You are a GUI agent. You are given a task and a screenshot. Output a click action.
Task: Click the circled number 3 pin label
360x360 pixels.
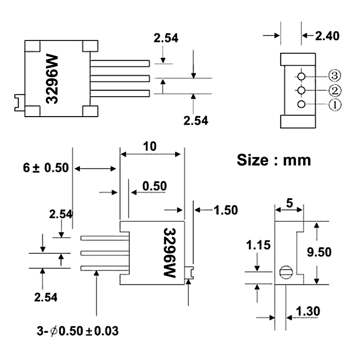point(334,76)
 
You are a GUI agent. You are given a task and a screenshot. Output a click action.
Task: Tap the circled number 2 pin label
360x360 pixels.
point(335,90)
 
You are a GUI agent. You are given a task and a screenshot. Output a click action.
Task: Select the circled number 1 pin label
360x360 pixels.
point(335,105)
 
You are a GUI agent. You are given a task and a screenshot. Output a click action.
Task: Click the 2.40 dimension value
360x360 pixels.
point(327,36)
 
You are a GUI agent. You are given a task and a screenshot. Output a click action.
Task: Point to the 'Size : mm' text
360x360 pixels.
point(274,160)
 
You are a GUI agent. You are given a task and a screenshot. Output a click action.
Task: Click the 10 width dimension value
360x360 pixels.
point(150,146)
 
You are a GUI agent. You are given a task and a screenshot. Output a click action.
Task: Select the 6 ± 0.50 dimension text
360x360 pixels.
point(46,167)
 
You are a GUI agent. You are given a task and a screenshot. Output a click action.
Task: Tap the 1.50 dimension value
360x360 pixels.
point(226,210)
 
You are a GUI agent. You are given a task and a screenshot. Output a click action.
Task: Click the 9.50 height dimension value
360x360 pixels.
point(319,252)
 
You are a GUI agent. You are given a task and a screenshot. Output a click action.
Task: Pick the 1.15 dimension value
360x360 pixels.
point(258,245)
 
